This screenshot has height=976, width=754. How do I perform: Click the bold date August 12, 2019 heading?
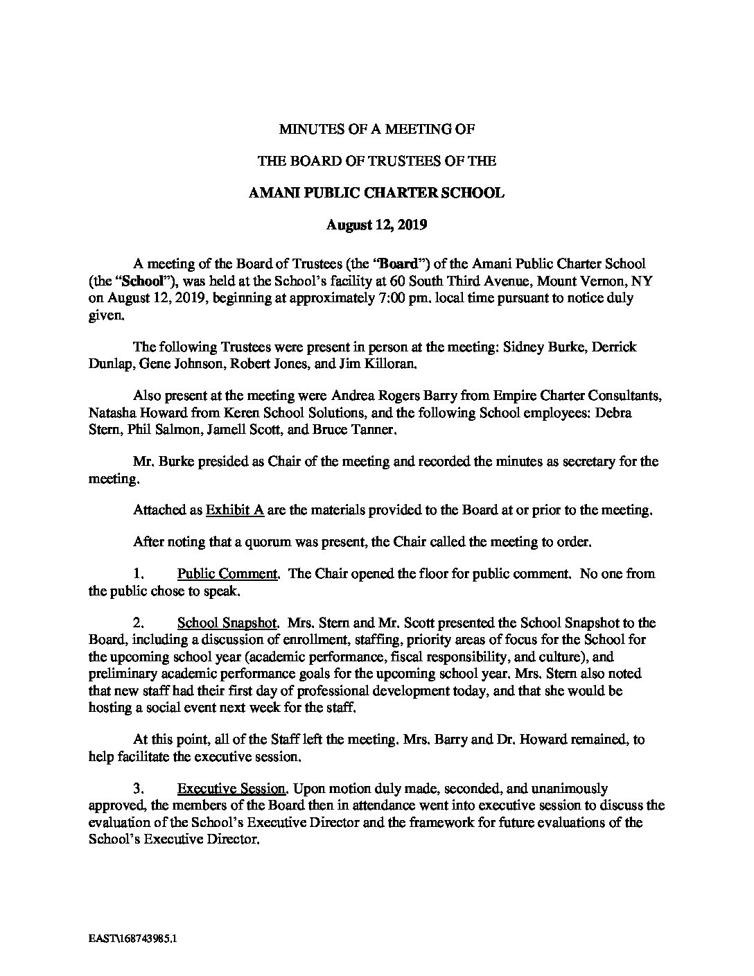coord(376,225)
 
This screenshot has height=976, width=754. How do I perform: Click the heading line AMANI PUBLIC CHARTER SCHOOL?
coord(376,193)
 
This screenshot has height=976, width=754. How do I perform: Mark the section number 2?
coord(138,622)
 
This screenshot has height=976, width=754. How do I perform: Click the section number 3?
coord(138,788)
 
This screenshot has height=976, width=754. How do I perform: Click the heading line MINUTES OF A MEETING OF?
coord(376,129)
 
